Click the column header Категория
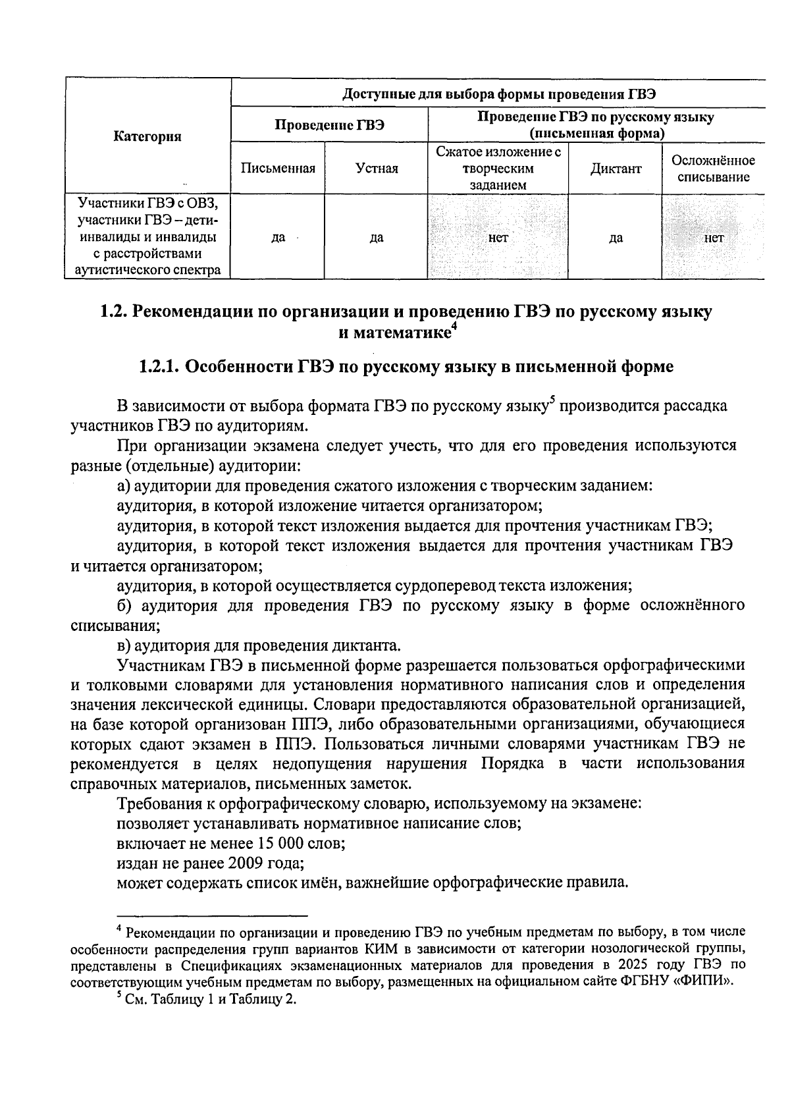147,136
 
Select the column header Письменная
278,169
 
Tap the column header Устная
377,169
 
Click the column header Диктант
615,169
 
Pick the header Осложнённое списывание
713,169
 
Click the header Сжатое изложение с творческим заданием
498,169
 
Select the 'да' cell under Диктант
615,238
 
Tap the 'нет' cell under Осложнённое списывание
713,238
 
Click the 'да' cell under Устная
377,238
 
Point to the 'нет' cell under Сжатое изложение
498,238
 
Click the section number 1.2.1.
159,367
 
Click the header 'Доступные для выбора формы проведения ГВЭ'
498,93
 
